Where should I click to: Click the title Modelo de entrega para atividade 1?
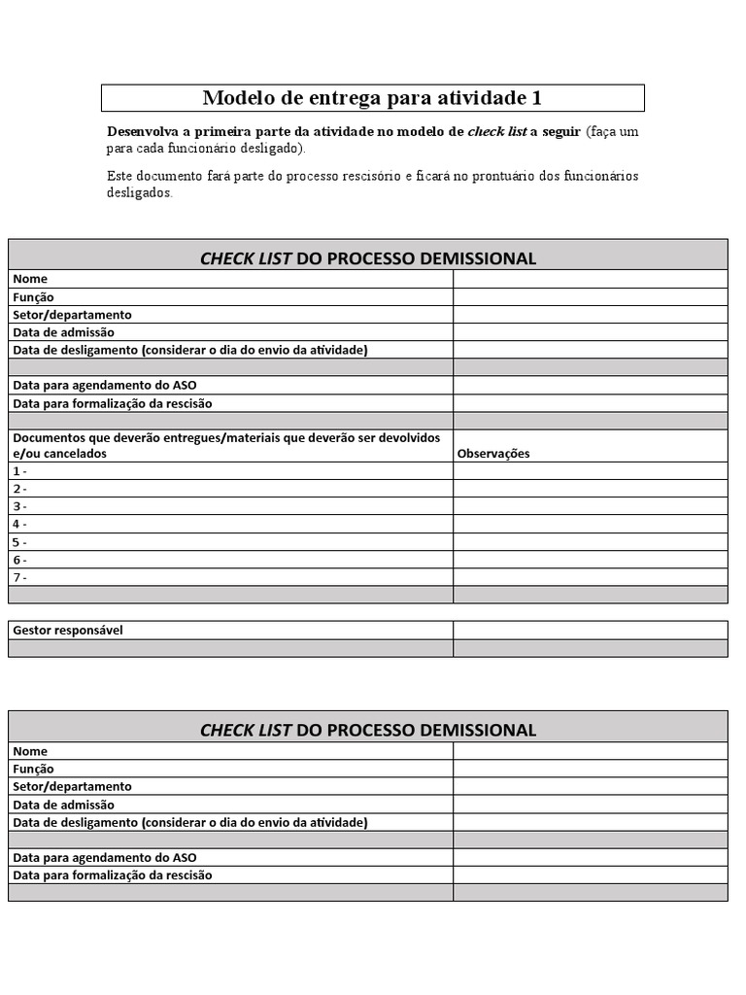372,98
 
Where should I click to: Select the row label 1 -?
19,471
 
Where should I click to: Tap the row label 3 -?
19,506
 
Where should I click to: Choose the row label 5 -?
19,542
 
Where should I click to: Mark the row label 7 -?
19,577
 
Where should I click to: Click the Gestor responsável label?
68,631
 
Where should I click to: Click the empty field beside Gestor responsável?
590,631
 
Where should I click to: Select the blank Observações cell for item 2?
590,489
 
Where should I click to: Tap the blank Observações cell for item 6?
590,560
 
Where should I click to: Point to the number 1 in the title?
536,98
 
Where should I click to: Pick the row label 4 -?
19,525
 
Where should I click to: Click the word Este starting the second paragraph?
119,176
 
